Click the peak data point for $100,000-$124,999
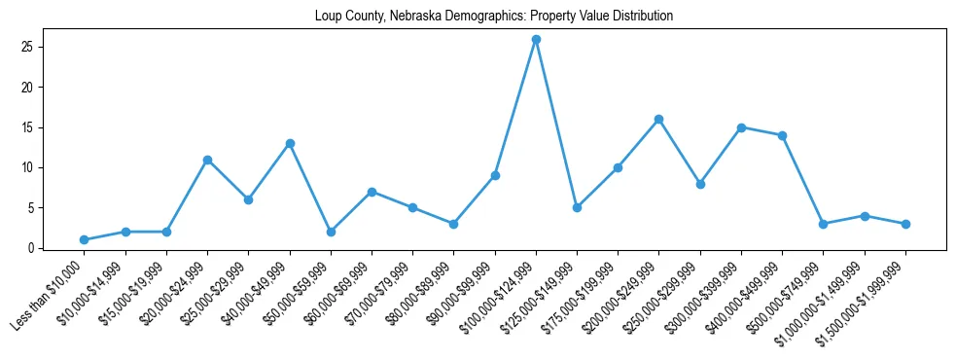point(536,39)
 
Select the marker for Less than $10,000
point(85,239)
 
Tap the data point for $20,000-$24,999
point(207,160)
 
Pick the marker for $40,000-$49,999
point(290,143)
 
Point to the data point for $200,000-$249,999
point(659,120)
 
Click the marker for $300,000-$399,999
point(741,127)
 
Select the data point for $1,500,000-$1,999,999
point(905,224)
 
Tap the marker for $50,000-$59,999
point(331,232)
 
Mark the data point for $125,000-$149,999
point(577,207)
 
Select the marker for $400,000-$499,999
point(782,135)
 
